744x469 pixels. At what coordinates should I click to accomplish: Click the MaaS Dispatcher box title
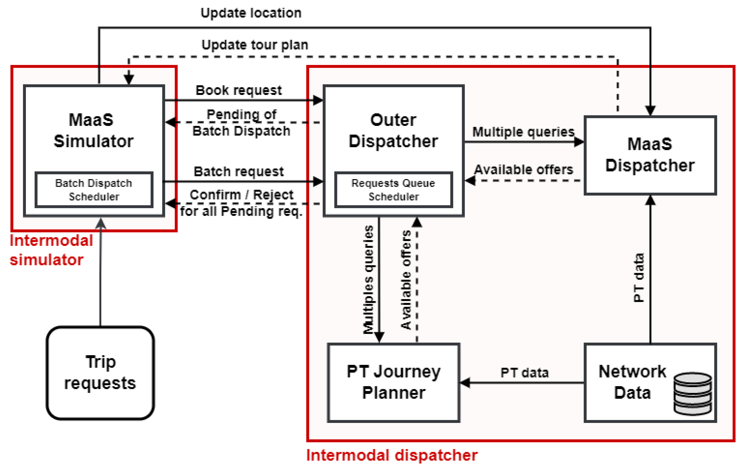click(x=650, y=155)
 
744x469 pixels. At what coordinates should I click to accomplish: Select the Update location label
click(x=251, y=13)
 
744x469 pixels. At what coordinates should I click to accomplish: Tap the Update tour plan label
click(x=255, y=45)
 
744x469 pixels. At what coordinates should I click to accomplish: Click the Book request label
click(x=239, y=90)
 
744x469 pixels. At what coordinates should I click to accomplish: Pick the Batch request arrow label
click(x=239, y=172)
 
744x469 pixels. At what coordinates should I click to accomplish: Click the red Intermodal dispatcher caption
click(x=392, y=455)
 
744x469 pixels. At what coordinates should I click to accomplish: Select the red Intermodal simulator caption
click(x=51, y=250)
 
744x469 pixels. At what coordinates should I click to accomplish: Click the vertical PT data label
click(x=638, y=278)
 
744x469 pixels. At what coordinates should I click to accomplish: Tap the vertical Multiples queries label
click(x=368, y=280)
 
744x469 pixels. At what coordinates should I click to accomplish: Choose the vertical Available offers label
click(x=406, y=280)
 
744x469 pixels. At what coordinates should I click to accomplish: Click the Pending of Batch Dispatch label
click(x=241, y=123)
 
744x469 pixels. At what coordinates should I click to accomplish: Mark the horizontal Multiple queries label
click(x=524, y=132)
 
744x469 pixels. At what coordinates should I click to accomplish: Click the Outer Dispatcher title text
click(x=393, y=130)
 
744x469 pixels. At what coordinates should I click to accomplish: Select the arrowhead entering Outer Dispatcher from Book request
click(x=318, y=100)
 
